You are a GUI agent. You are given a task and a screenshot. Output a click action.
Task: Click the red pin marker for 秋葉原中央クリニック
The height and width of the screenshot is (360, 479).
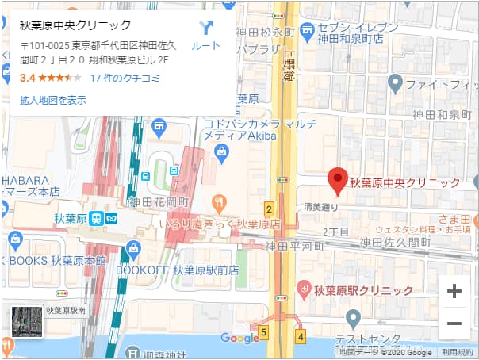click(x=338, y=182)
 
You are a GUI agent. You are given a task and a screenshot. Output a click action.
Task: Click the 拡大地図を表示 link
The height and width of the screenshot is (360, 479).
click(x=53, y=100)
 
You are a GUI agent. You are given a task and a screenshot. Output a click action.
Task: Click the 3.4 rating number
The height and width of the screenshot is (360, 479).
click(x=27, y=78)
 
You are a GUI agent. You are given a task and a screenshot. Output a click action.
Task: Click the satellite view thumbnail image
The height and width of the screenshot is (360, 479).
click(x=26, y=320)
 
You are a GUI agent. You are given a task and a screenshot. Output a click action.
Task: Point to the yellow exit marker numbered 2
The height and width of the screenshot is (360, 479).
click(x=270, y=210)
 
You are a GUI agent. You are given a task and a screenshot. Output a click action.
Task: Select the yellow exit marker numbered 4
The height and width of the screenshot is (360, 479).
click(x=301, y=336)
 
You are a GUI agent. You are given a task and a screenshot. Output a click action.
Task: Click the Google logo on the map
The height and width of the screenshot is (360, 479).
click(x=240, y=339)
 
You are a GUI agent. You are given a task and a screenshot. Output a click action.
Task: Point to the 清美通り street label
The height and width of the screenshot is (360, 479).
click(x=320, y=208)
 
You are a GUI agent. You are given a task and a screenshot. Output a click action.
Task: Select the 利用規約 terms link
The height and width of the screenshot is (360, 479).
click(x=458, y=352)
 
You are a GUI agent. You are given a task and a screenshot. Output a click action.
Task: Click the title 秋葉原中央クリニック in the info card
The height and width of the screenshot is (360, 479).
click(x=75, y=25)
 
